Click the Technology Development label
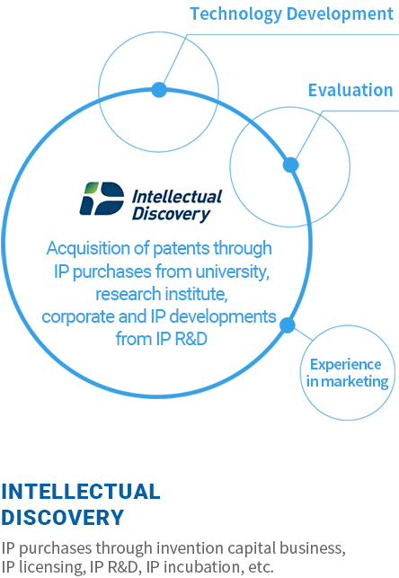(291, 14)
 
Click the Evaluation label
(350, 90)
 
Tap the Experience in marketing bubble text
(347, 373)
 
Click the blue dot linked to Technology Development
(159, 90)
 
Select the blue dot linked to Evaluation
(290, 165)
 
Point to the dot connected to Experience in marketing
(288, 325)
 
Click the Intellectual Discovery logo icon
(102, 199)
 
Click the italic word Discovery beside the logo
(171, 214)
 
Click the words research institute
(162, 294)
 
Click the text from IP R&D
(162, 339)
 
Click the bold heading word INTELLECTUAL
(81, 492)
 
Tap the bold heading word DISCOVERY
(63, 517)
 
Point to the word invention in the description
(190, 548)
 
